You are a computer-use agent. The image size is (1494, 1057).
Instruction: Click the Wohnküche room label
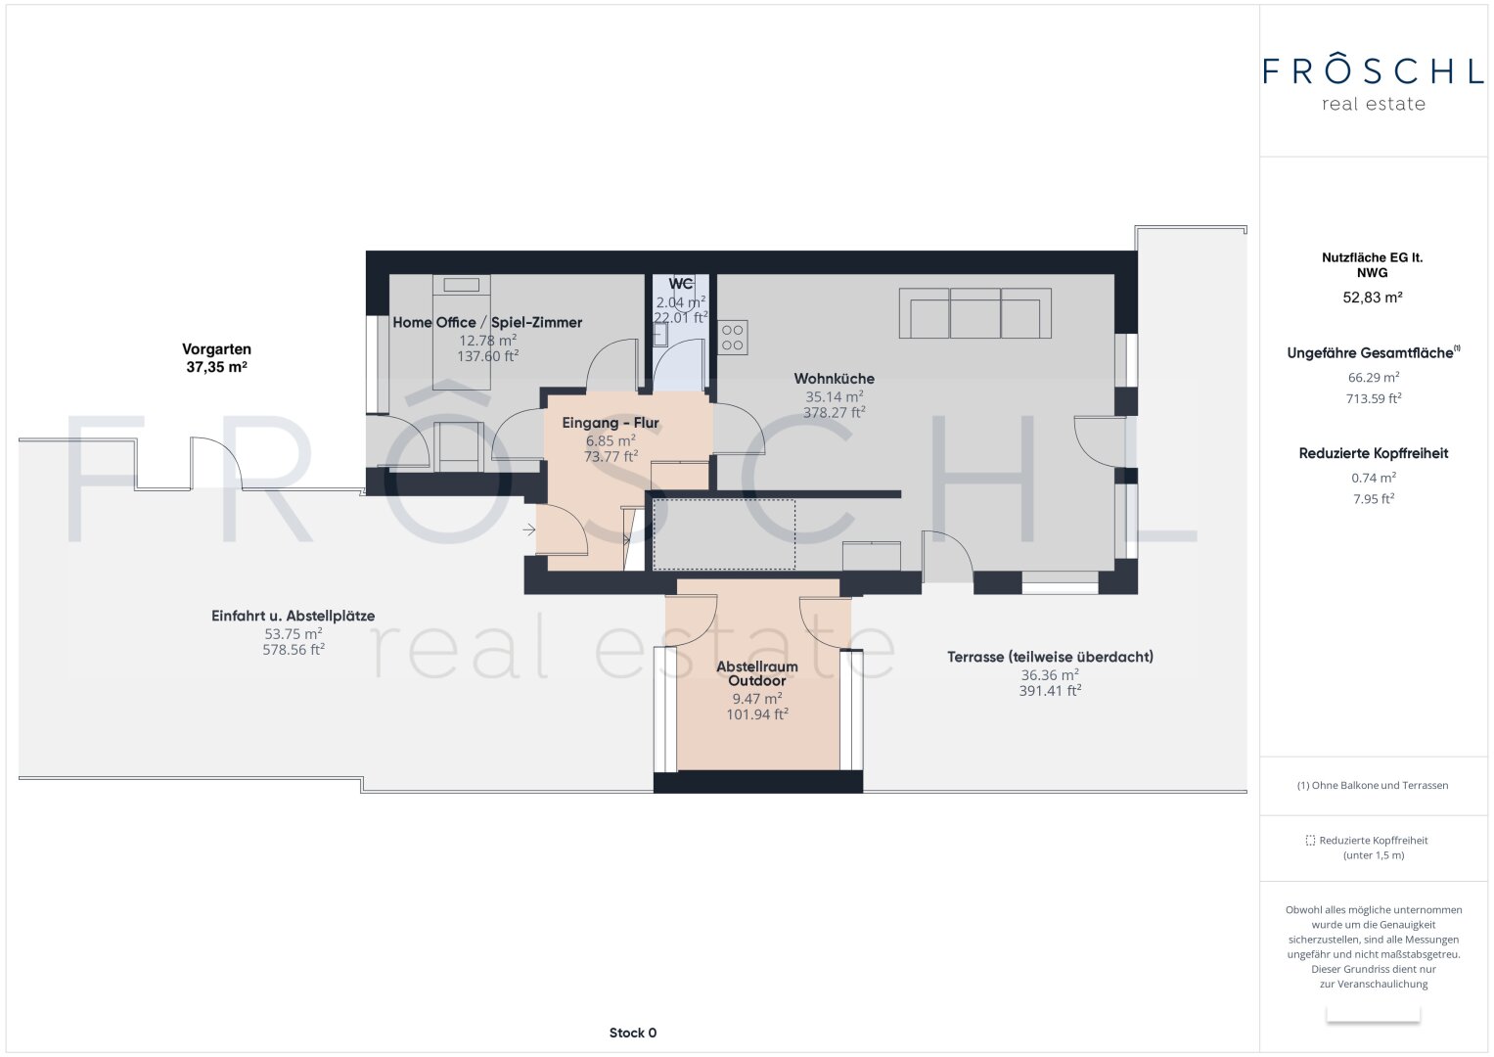pos(834,379)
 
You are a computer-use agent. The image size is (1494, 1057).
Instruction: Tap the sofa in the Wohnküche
pos(974,313)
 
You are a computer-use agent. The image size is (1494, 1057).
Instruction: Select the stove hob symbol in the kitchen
pos(733,338)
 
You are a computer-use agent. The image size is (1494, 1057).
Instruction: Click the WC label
pos(681,284)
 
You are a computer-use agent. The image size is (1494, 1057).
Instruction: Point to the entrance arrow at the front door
pos(529,530)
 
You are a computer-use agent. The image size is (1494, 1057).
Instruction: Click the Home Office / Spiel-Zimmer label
pos(487,322)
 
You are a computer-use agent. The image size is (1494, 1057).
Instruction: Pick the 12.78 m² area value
pos(487,341)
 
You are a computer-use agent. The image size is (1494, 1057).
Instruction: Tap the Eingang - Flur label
pos(611,423)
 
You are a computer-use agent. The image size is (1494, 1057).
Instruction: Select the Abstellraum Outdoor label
pos(756,673)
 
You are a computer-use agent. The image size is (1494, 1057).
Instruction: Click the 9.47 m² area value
pos(756,699)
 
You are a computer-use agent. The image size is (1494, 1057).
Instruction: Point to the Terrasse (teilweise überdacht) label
pos(1050,657)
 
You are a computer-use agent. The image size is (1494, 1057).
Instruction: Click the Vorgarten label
pos(216,349)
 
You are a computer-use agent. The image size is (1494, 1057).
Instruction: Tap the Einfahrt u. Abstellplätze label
pos(293,616)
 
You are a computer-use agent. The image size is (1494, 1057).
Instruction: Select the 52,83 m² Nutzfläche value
pos(1372,298)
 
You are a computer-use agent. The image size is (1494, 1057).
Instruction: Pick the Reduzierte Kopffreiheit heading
pos(1373,453)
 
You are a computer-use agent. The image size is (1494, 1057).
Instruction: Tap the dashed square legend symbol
pos(1310,841)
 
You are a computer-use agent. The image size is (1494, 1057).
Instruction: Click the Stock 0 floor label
pos(632,1033)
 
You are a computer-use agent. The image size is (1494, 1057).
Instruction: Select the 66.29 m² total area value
pos(1373,377)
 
